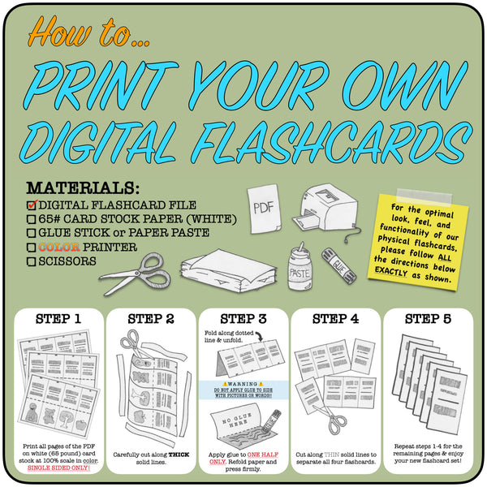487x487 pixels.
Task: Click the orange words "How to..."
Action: tap(77, 32)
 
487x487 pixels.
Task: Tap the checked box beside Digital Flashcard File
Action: tap(32, 205)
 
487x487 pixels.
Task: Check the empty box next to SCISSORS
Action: tap(31, 261)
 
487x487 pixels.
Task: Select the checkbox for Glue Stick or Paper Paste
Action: tap(31, 233)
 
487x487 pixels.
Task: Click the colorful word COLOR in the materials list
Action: tap(60, 248)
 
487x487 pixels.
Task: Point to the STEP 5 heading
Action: tap(428, 317)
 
